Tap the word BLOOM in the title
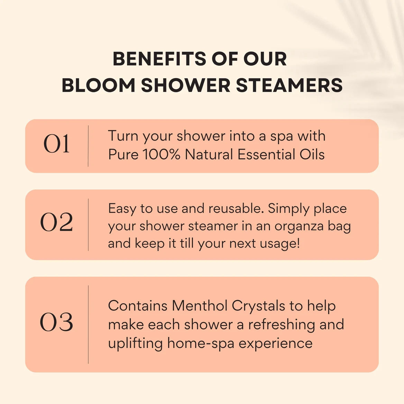pyautogui.click(x=98, y=85)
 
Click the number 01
pyautogui.click(x=56, y=144)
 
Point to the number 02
pyautogui.click(x=56, y=222)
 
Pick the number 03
pyautogui.click(x=56, y=322)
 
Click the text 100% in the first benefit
pyautogui.click(x=162, y=155)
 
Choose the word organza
pyautogui.click(x=299, y=227)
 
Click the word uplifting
pyautogui.click(x=135, y=343)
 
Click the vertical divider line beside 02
pyautogui.click(x=88, y=224)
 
